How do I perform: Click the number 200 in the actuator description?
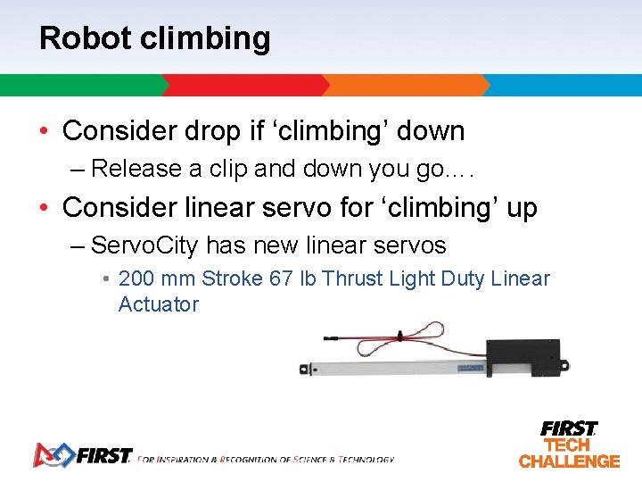pos(137,278)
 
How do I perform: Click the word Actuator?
pos(159,304)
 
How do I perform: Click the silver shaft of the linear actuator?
pos(392,367)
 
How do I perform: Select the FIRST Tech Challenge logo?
pos(569,444)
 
